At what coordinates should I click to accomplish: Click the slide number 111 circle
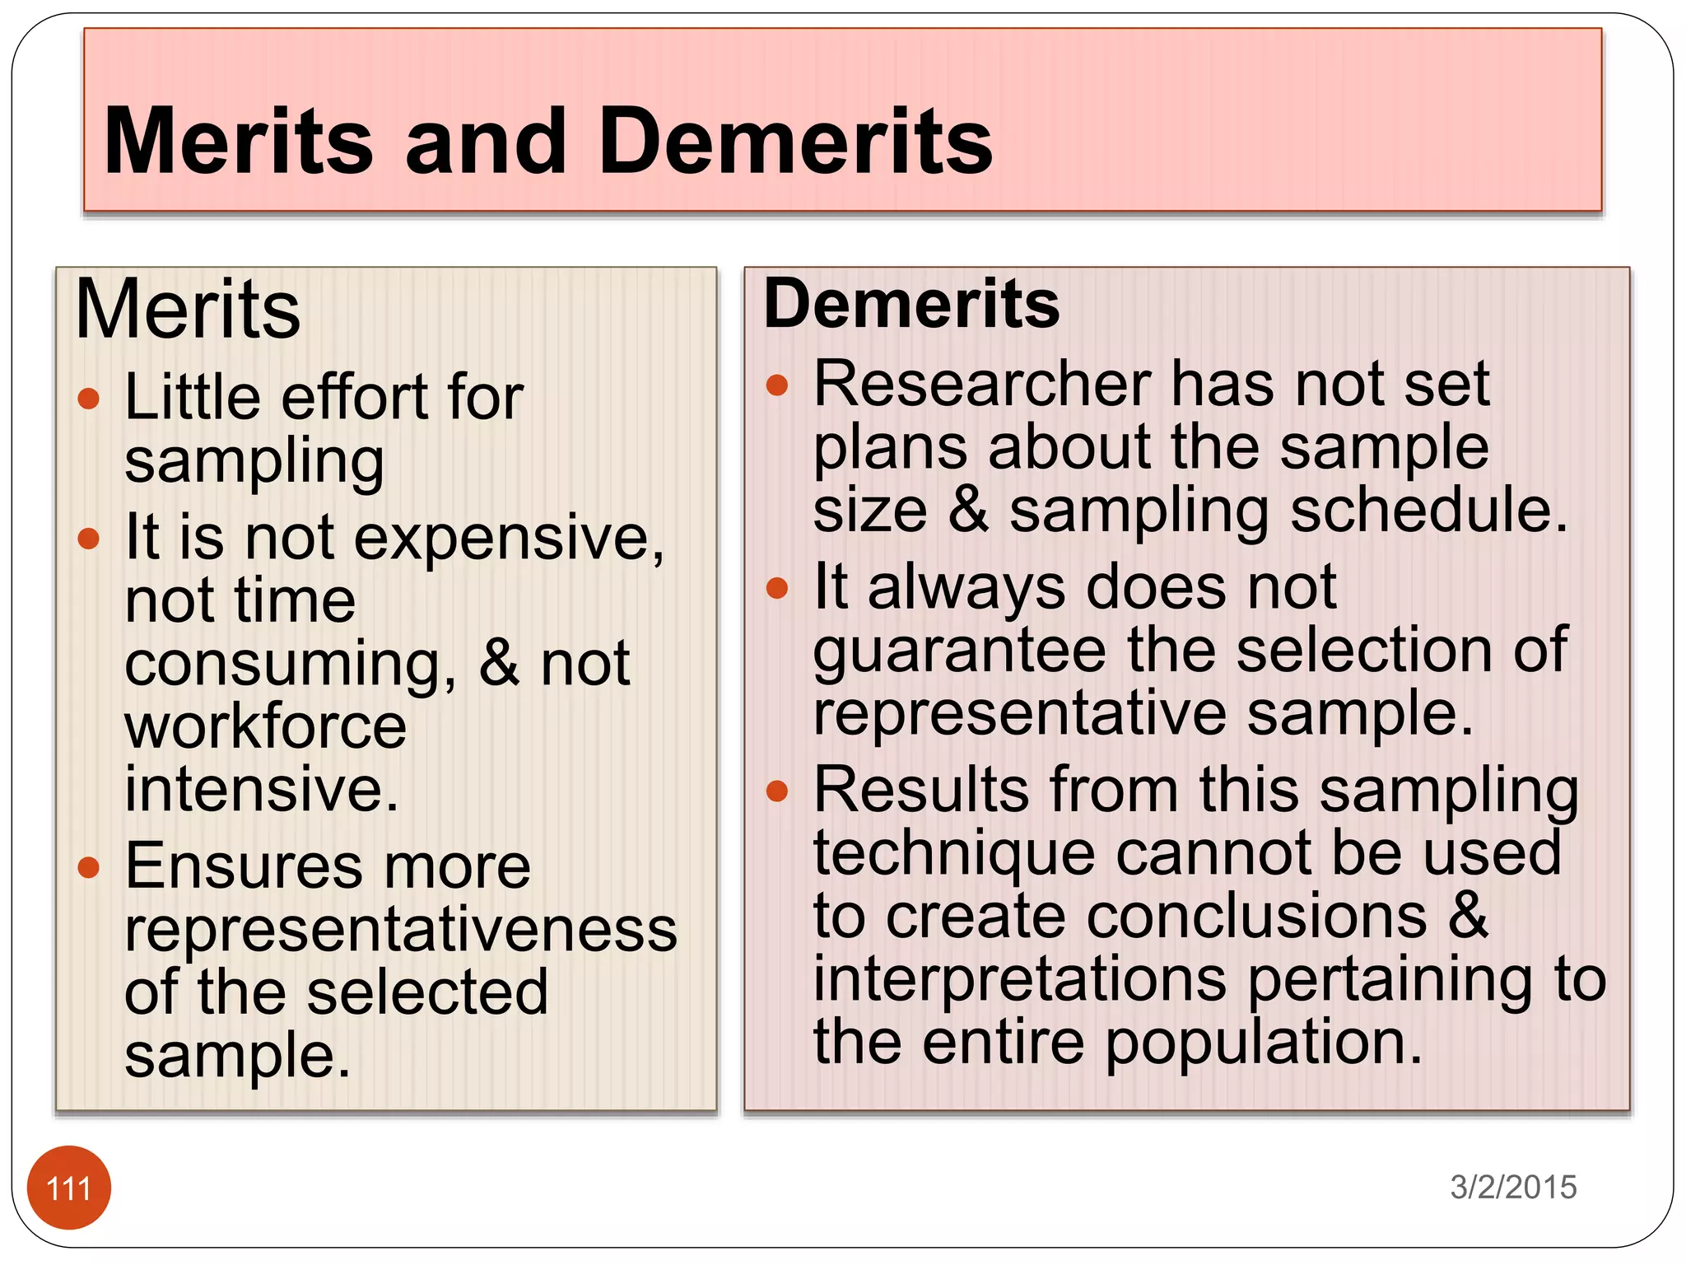click(x=69, y=1188)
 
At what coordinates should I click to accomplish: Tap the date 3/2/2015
click(x=1513, y=1187)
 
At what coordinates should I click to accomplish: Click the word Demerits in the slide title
click(x=796, y=142)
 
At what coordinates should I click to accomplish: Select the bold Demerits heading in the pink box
click(x=911, y=304)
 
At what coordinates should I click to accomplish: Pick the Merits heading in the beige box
click(x=188, y=310)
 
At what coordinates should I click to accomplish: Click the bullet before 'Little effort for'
click(x=89, y=399)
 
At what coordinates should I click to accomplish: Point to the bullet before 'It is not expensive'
click(x=89, y=539)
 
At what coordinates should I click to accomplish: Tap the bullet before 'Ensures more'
click(x=89, y=867)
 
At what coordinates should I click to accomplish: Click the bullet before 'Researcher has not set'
click(x=777, y=385)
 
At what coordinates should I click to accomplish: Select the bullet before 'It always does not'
click(x=777, y=588)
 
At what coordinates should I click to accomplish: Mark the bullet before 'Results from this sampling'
click(x=777, y=791)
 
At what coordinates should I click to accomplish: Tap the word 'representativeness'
click(x=401, y=930)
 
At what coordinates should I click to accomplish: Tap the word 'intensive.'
click(x=262, y=788)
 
